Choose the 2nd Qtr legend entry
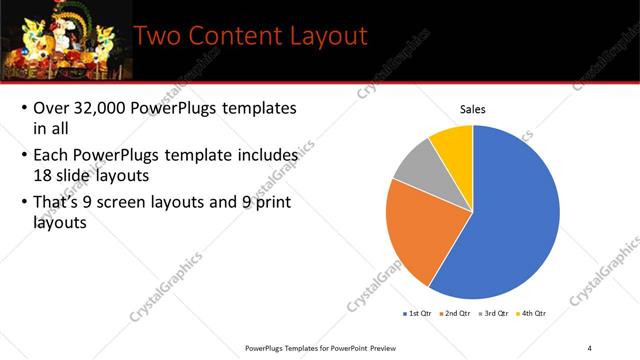click(x=457, y=313)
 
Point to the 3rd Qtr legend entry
click(x=494, y=313)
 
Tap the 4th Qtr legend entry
click(x=531, y=313)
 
